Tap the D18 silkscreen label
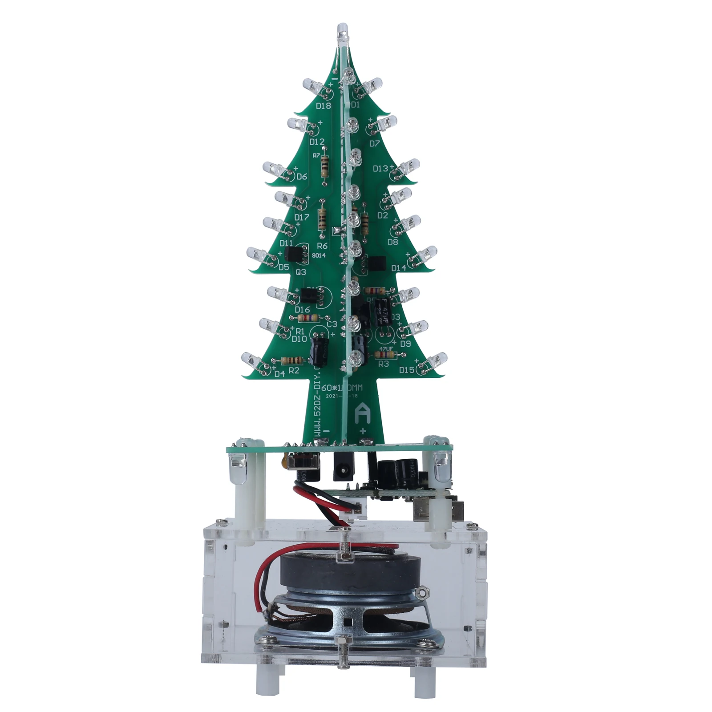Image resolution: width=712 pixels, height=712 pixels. click(323, 106)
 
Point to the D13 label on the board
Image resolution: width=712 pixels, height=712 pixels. click(380, 169)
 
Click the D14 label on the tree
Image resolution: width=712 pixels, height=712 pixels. click(399, 268)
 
